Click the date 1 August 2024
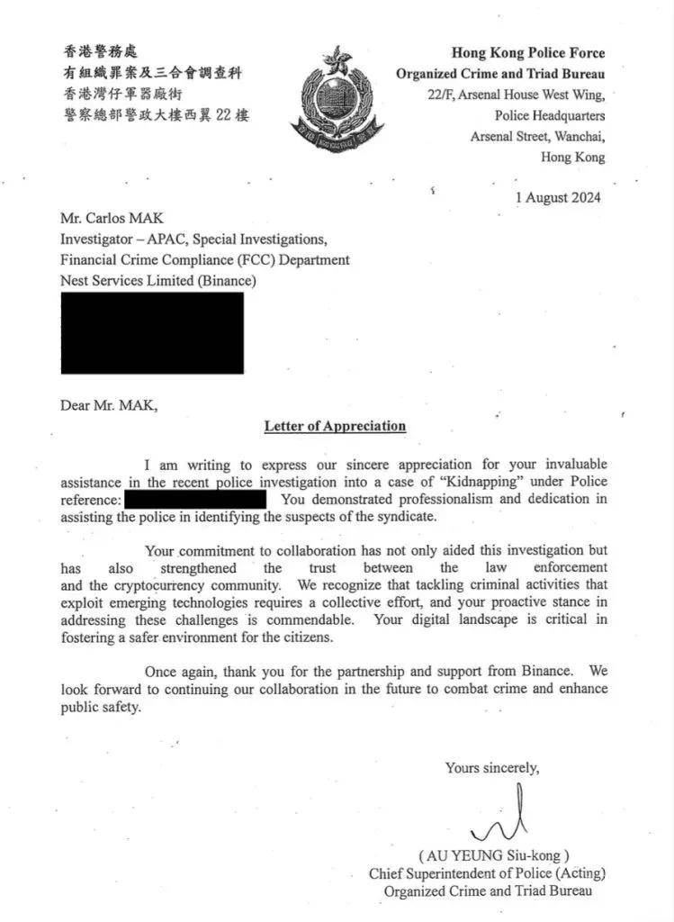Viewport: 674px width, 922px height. [x=558, y=197]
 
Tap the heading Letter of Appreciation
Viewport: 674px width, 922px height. [x=335, y=426]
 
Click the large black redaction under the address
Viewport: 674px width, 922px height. [x=152, y=332]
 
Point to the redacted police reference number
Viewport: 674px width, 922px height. [x=195, y=499]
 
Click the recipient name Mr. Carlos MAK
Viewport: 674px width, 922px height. [x=112, y=219]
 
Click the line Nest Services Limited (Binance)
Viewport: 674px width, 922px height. [x=158, y=281]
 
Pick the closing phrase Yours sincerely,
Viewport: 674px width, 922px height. [x=492, y=768]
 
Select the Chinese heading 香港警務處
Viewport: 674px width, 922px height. [x=101, y=52]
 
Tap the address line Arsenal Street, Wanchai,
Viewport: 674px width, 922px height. [x=537, y=136]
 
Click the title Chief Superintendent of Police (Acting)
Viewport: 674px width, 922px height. [x=487, y=873]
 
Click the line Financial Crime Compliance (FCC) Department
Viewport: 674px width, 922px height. [x=205, y=260]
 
